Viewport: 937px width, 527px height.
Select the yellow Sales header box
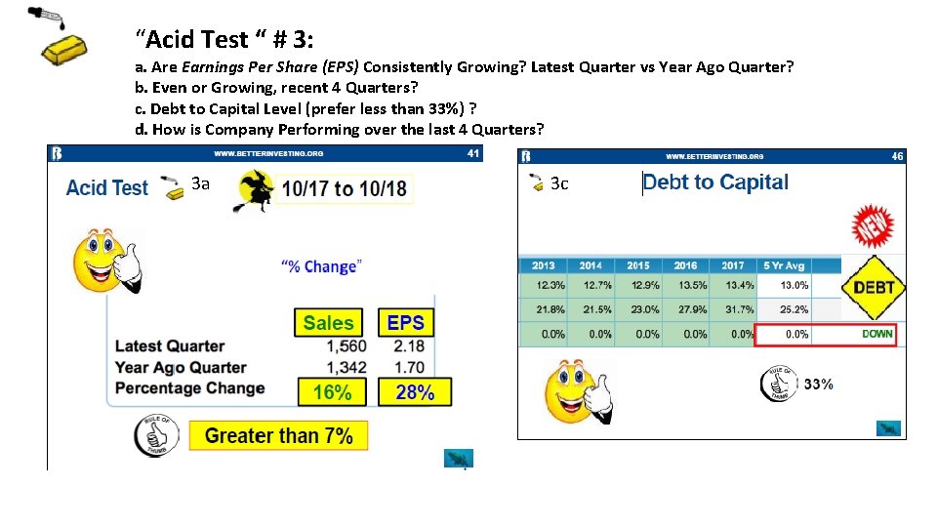tap(328, 323)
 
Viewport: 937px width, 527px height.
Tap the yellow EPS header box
tap(405, 323)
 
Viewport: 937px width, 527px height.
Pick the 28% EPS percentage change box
tap(415, 392)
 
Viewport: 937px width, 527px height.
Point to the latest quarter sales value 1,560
tap(346, 346)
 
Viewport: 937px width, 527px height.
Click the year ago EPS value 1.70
tap(409, 367)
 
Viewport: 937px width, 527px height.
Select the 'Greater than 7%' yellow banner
tap(278, 435)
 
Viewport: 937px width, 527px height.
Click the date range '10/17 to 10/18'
tap(345, 188)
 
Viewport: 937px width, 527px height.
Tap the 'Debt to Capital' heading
tap(715, 182)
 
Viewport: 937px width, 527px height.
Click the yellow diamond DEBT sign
tap(874, 287)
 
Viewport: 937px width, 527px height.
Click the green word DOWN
tap(876, 334)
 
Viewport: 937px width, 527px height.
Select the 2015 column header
tap(638, 265)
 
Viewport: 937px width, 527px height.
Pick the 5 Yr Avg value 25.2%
tap(794, 309)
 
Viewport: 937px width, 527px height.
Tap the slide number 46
tap(897, 156)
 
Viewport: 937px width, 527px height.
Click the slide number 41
tap(473, 153)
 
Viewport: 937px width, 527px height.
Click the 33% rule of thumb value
tap(818, 385)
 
